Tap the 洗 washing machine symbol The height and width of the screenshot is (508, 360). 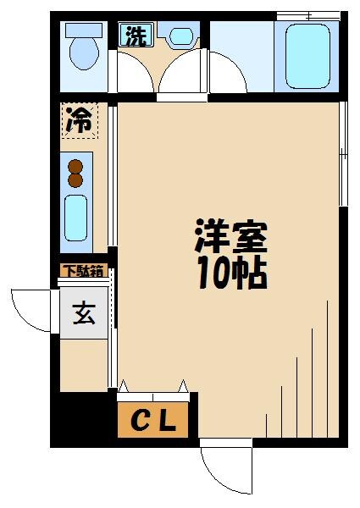(134, 36)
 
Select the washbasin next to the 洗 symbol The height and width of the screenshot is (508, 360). (181, 37)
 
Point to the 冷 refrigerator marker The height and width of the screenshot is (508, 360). (79, 120)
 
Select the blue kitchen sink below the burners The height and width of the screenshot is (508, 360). (76, 218)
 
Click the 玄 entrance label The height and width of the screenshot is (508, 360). (83, 314)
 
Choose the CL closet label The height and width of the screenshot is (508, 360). (156, 421)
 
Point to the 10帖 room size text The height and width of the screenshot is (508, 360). (230, 273)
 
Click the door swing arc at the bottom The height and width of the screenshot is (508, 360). (222, 472)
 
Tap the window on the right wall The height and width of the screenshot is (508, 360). (343, 152)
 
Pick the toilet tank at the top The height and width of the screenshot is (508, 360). (83, 29)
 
